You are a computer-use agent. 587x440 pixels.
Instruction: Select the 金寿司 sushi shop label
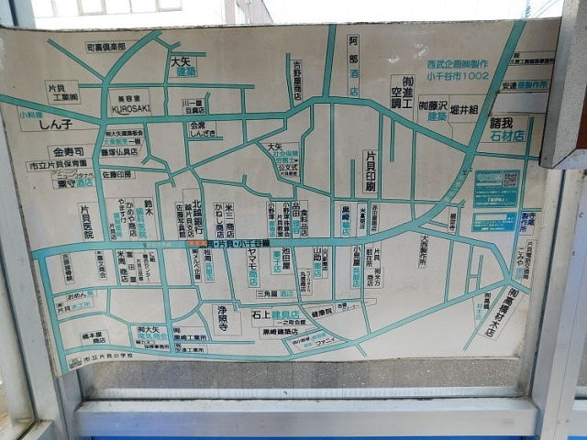pos(68,151)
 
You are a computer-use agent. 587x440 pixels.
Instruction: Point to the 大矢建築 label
pos(183,66)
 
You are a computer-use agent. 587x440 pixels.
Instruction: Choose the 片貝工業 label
pos(62,91)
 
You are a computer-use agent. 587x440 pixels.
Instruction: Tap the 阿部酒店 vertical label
pos(353,65)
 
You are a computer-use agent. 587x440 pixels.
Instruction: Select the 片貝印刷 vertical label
pos(370,171)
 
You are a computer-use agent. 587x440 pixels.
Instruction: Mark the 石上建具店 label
pos(275,313)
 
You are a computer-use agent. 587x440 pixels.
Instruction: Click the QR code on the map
pos(496,188)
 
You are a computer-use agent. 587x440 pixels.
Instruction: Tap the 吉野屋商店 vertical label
pos(296,81)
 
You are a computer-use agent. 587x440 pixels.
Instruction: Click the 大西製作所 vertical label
pos(423,250)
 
